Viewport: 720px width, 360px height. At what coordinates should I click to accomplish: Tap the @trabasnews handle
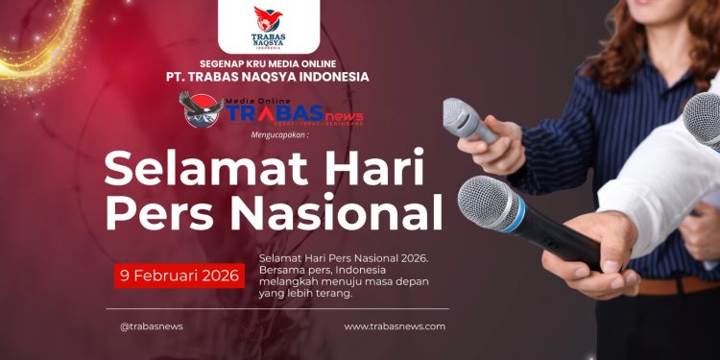[152, 326]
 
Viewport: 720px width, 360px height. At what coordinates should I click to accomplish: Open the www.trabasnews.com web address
[395, 326]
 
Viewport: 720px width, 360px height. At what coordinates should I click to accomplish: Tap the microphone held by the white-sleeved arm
[703, 119]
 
